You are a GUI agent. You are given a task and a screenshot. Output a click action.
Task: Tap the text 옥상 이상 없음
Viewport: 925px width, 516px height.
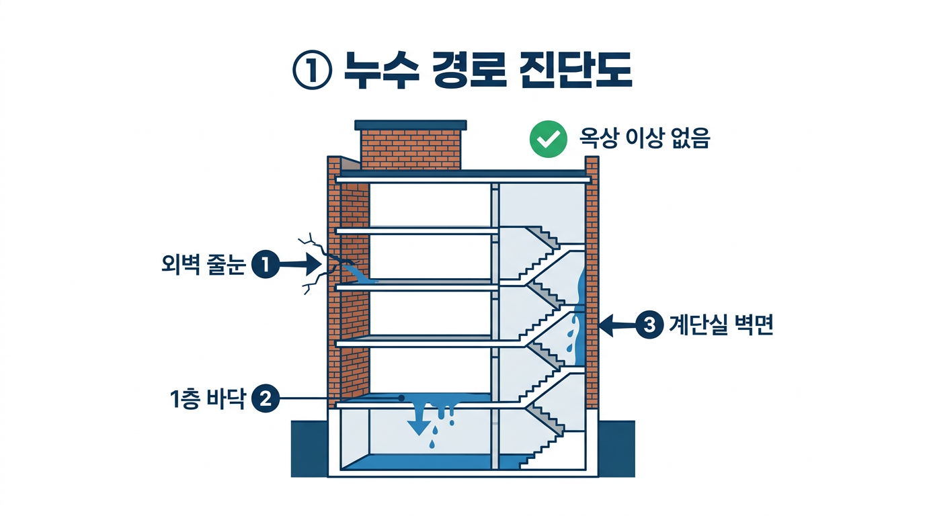point(644,139)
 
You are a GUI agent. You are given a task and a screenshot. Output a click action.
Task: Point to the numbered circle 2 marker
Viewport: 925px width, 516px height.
point(264,398)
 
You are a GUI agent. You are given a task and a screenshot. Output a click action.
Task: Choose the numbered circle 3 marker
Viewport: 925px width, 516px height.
point(649,326)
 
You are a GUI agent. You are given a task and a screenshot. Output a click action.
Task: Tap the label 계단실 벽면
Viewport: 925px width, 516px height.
point(721,326)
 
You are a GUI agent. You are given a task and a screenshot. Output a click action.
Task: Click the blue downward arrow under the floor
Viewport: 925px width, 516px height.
point(419,424)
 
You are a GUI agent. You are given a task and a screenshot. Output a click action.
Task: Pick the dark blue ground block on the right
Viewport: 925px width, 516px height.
point(616,448)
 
